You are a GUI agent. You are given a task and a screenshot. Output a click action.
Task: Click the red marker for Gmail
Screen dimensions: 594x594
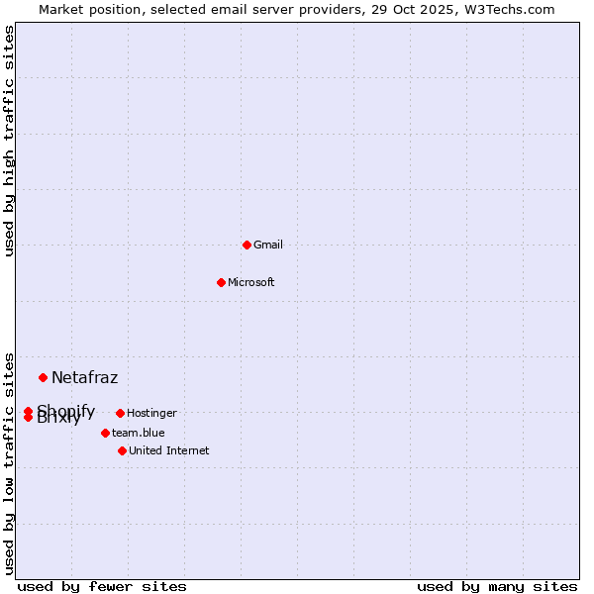point(247,245)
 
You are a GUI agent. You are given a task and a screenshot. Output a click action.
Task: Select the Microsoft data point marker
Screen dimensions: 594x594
point(221,282)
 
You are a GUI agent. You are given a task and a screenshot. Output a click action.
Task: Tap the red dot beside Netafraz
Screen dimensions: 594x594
point(43,377)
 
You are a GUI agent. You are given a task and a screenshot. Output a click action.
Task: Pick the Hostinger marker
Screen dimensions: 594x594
point(120,413)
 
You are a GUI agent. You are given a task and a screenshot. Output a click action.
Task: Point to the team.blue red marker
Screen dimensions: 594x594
point(105,433)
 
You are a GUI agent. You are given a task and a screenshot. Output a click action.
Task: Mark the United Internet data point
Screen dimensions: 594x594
point(122,450)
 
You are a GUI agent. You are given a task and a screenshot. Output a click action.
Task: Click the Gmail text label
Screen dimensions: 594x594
point(268,245)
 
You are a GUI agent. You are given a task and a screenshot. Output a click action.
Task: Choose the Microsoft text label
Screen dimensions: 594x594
point(251,282)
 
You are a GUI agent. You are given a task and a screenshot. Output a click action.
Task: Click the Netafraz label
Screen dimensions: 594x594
point(85,377)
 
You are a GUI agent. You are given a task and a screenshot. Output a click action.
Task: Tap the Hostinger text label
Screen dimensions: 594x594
point(151,413)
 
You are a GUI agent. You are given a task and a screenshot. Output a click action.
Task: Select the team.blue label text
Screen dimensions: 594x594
point(139,433)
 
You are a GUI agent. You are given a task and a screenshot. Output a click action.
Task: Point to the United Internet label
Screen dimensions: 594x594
point(169,450)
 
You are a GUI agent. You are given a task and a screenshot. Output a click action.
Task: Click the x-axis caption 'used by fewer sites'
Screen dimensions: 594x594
point(102,586)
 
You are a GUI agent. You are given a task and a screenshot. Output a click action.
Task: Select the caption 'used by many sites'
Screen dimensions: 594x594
point(497,586)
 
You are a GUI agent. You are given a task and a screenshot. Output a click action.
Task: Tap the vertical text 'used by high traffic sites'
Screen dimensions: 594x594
point(10,141)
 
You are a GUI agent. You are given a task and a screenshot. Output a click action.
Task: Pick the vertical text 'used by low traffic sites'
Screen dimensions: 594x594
point(10,462)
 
